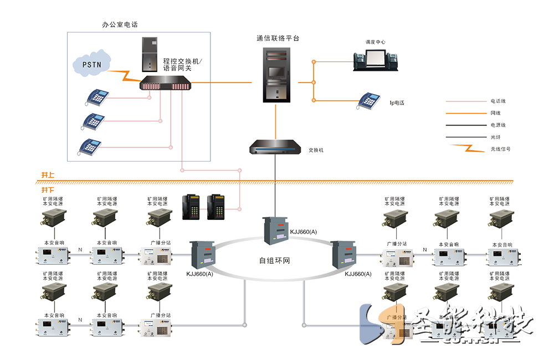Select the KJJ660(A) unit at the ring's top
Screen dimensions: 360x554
276,229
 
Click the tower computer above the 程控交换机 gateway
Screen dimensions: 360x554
149,55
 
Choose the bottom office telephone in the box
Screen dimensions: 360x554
90,146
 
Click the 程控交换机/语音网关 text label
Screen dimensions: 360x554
183,64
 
